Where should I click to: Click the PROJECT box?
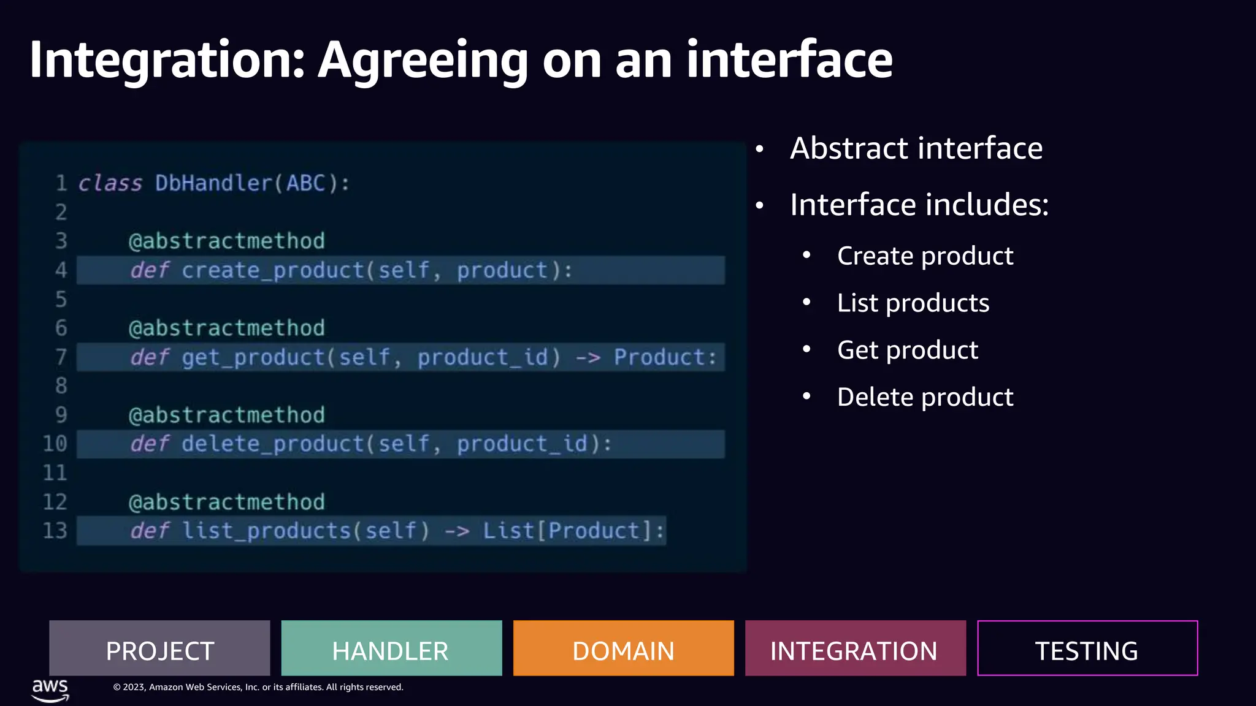pyautogui.click(x=159, y=648)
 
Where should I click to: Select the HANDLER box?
pyautogui.click(x=391, y=648)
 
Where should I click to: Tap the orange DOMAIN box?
pyautogui.click(x=623, y=648)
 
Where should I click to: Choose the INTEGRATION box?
pyautogui.click(x=855, y=648)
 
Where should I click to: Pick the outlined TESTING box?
pyautogui.click(x=1087, y=648)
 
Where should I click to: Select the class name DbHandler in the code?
pyautogui.click(x=212, y=183)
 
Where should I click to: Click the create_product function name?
pyautogui.click(x=273, y=270)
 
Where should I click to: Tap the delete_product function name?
pyautogui.click(x=273, y=444)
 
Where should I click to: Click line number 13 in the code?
pyautogui.click(x=55, y=531)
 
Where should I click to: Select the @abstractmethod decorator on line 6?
pyautogui.click(x=226, y=328)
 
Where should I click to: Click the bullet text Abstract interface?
pyautogui.click(x=916, y=148)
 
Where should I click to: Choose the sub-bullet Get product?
pyautogui.click(x=907, y=350)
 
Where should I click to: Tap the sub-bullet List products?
pyautogui.click(x=913, y=303)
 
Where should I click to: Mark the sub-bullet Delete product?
pyautogui.click(x=925, y=397)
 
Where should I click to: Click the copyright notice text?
pyautogui.click(x=258, y=687)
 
